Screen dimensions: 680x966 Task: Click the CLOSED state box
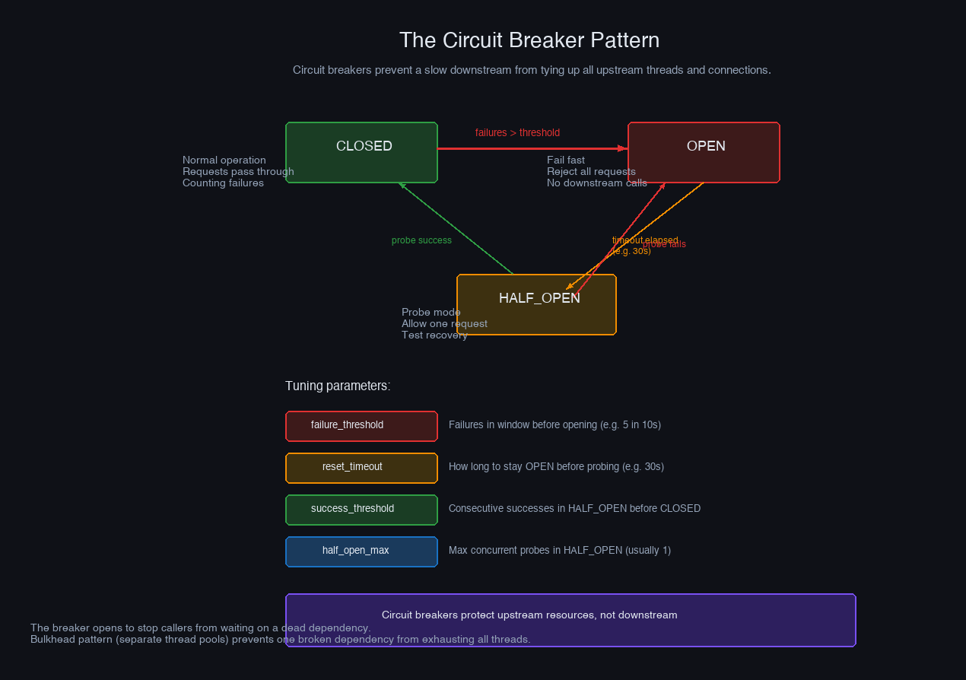361,152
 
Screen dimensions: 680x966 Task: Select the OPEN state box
704,152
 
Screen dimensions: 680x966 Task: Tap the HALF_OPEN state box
536,304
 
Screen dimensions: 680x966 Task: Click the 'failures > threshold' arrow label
517,132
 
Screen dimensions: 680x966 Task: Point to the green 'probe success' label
421,240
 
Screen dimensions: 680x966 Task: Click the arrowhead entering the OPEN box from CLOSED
623,149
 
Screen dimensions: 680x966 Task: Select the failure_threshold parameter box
361,426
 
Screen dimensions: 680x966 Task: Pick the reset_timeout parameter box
361,468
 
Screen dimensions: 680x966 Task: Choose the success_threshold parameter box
361,510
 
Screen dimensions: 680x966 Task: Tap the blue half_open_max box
361,551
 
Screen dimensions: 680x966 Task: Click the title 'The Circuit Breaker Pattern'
529,40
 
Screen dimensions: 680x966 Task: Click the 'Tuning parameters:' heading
338,386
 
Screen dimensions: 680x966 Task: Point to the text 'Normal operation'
224,160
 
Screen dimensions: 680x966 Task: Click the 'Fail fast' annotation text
566,160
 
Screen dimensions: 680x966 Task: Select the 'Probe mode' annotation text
431,312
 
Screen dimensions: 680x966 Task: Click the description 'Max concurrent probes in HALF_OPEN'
559,550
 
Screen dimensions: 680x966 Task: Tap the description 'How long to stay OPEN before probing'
556,466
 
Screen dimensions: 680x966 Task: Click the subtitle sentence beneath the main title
532,70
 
